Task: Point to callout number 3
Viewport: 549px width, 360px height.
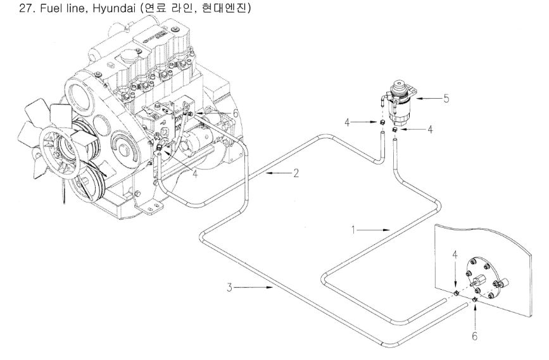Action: [x=229, y=288]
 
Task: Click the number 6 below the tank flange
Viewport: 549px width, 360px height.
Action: [x=474, y=336]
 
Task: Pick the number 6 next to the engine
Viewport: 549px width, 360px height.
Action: [x=236, y=112]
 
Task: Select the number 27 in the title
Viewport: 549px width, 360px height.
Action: [x=8, y=8]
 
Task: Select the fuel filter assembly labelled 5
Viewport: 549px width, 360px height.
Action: [x=398, y=101]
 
